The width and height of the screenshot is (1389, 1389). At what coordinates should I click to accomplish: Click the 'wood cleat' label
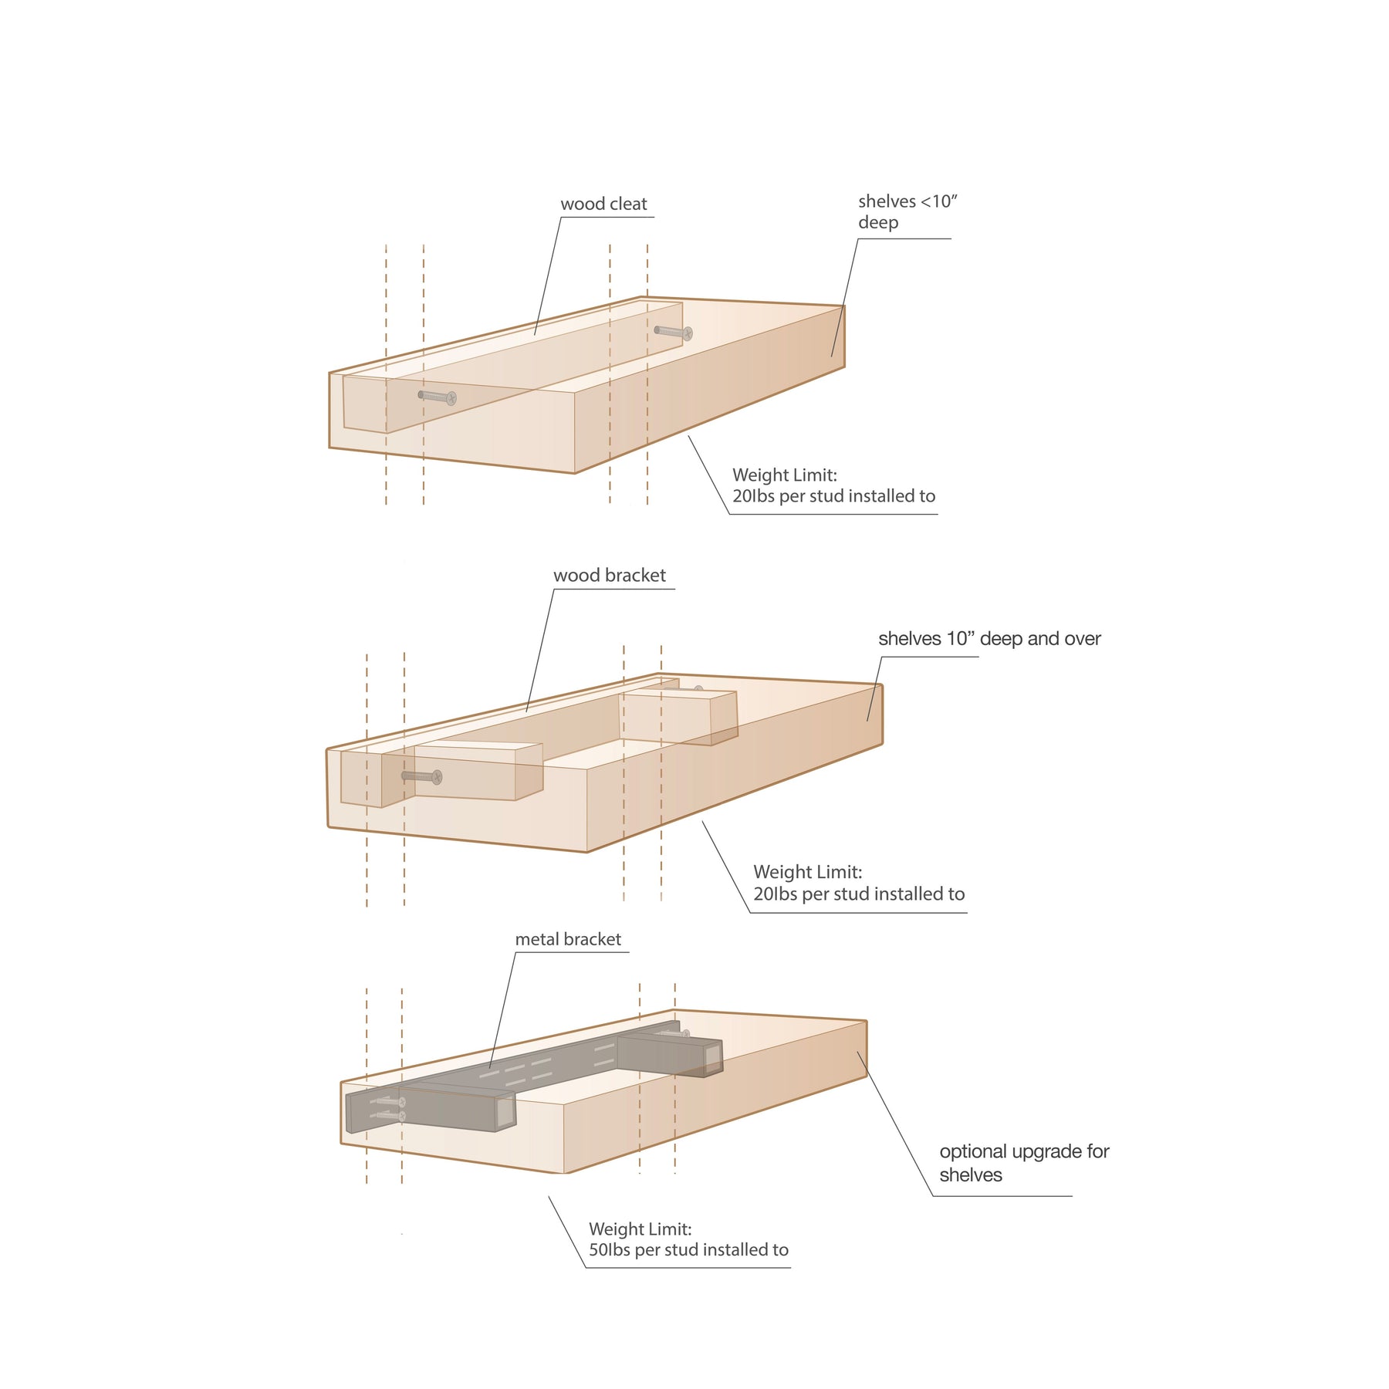pyautogui.click(x=603, y=204)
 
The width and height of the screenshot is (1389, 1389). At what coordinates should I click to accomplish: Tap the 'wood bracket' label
pyautogui.click(x=610, y=575)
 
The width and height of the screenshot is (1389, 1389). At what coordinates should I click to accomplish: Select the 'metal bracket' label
pyautogui.click(x=568, y=939)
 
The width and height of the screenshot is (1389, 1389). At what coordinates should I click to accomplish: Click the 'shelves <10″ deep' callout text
pyautogui.click(x=907, y=211)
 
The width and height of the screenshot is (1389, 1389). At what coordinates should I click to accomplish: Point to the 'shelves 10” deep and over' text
pyautogui.click(x=989, y=639)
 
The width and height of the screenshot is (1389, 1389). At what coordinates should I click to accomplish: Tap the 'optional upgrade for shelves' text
pyautogui.click(x=1024, y=1163)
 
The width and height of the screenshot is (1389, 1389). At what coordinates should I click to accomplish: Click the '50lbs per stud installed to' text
pyautogui.click(x=688, y=1250)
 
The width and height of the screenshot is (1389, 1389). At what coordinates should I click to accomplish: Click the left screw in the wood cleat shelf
pyautogui.click(x=438, y=397)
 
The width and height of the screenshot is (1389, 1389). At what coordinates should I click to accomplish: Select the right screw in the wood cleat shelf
pyautogui.click(x=674, y=333)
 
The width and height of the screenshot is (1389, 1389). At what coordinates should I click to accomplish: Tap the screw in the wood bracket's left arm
pyautogui.click(x=422, y=776)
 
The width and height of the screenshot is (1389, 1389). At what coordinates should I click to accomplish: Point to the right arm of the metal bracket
pyautogui.click(x=670, y=1055)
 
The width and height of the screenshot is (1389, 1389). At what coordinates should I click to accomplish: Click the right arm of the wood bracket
pyautogui.click(x=680, y=718)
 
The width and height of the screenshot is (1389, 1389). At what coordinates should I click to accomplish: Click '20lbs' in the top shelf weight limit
pyautogui.click(x=753, y=496)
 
